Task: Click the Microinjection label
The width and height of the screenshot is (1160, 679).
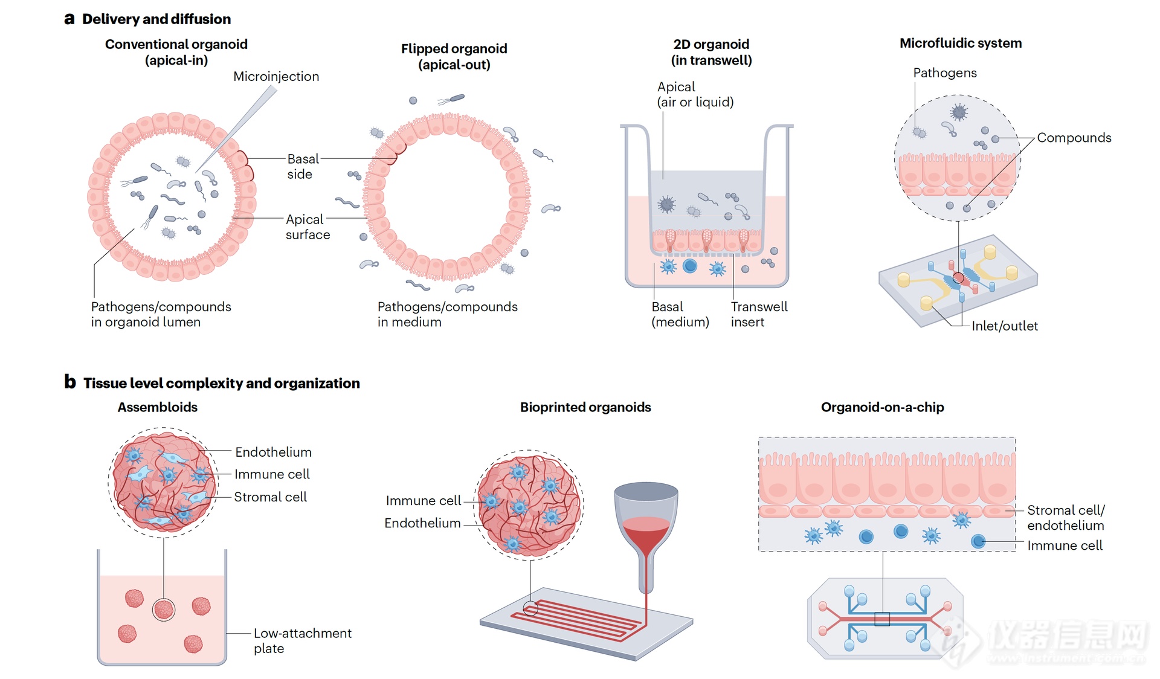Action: click(276, 77)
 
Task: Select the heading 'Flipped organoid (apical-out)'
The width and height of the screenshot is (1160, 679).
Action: click(454, 57)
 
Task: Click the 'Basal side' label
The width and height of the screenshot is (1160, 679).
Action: click(302, 166)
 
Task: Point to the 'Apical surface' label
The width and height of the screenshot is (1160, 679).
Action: click(307, 227)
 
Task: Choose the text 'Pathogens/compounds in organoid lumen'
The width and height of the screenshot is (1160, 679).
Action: click(161, 314)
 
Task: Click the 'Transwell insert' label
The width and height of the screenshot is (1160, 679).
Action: click(758, 314)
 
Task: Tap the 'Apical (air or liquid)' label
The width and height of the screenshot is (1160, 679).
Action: click(695, 94)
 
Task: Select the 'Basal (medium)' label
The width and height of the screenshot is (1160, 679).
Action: click(680, 314)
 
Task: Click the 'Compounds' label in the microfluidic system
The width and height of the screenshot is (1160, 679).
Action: click(1074, 138)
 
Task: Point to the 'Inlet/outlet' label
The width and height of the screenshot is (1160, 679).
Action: click(1004, 326)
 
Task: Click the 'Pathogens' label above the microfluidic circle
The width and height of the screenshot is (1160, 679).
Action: click(944, 73)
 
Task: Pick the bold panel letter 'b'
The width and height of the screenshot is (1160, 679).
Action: click(70, 382)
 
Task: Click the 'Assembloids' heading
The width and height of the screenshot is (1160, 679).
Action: click(157, 407)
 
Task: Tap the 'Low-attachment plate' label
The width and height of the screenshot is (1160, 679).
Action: click(302, 640)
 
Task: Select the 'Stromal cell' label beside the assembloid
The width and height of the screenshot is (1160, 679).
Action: click(270, 497)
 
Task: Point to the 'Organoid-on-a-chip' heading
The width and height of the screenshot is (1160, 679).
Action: click(882, 407)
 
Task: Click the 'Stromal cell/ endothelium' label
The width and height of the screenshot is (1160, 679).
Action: click(1065, 518)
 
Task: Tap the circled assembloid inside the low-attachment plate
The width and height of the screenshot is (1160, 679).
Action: click(164, 610)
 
